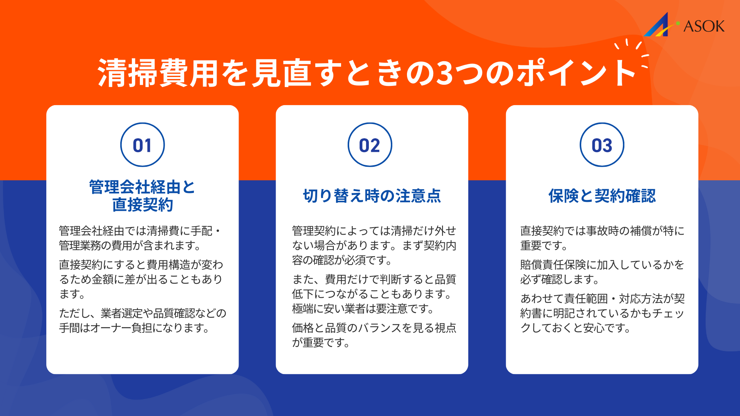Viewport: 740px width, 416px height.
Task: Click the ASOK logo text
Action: click(704, 26)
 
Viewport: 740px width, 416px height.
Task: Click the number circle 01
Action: click(142, 145)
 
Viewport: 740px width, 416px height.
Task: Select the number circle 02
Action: click(370, 145)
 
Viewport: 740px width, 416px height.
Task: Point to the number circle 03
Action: click(602, 145)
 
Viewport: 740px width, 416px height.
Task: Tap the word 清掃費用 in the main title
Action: click(158, 73)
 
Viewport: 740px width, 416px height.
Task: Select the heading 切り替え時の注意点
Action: click(372, 196)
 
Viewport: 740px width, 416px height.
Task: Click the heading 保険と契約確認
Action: click(602, 196)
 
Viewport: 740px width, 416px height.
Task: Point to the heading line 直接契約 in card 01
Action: click(143, 205)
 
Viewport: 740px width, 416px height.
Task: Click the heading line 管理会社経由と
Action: click(142, 187)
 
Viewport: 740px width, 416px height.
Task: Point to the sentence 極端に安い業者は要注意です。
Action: click(363, 309)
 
